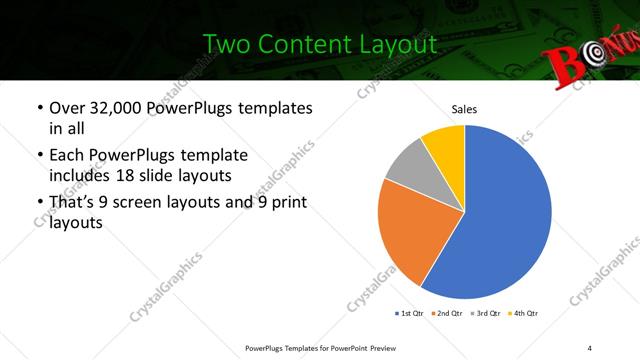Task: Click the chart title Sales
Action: click(x=464, y=109)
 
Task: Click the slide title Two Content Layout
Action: click(x=320, y=44)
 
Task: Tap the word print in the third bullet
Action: click(x=287, y=203)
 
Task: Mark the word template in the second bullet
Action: click(x=214, y=155)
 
